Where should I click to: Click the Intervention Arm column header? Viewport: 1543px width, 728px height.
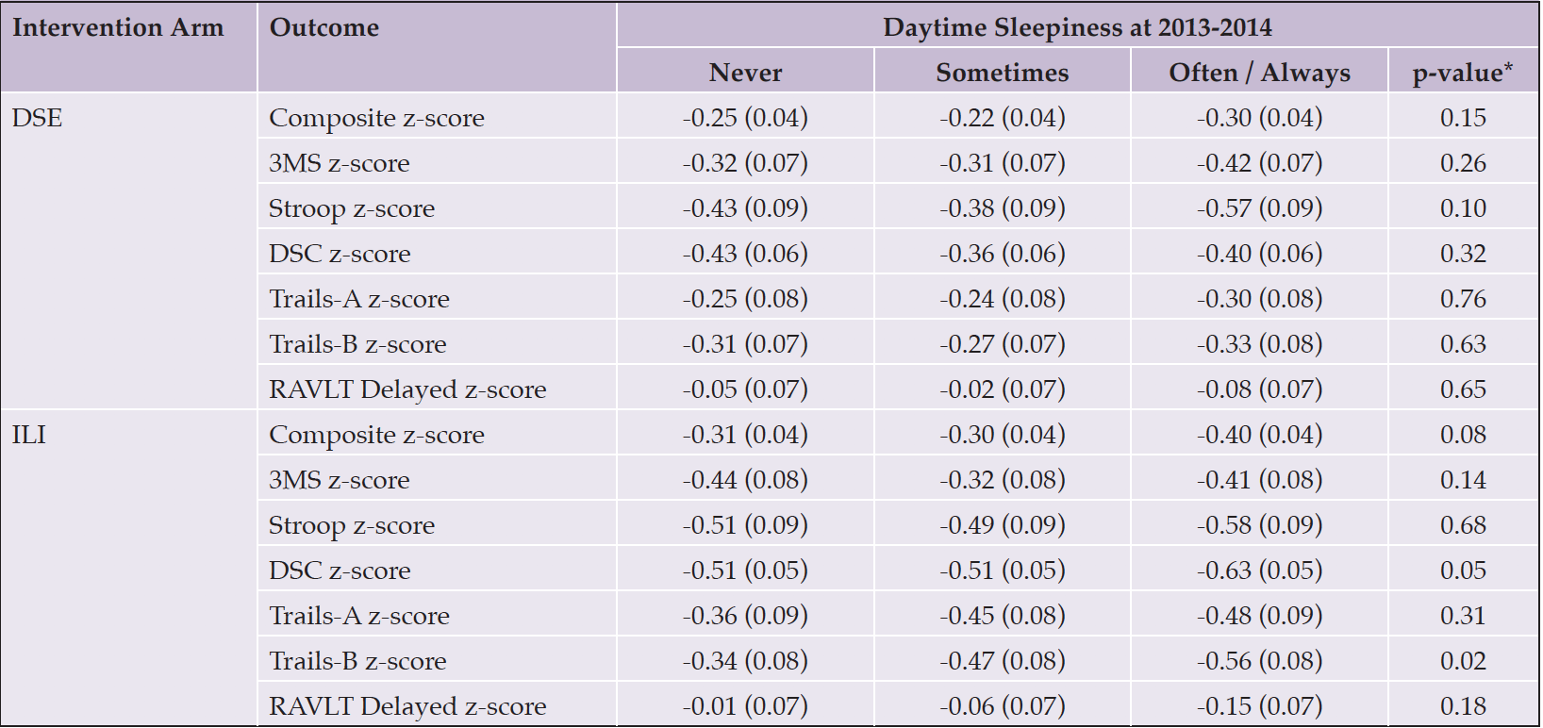[118, 27]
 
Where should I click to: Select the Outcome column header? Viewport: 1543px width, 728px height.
[324, 27]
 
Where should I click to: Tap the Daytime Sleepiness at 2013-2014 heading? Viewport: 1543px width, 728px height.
[1077, 27]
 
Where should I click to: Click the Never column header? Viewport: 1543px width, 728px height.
[745, 73]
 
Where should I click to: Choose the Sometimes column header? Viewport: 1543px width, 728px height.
[1003, 73]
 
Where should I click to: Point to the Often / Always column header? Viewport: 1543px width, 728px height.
[1259, 73]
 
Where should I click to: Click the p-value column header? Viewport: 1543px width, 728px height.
[1463, 73]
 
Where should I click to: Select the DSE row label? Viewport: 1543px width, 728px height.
[37, 118]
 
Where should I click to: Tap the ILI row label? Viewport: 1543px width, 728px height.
[29, 435]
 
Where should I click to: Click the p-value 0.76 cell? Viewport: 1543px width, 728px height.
[1463, 299]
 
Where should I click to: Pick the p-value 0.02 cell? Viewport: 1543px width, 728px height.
[1463, 661]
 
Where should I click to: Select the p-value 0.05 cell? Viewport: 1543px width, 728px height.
[1463, 571]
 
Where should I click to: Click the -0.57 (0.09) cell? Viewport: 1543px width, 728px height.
[1259, 208]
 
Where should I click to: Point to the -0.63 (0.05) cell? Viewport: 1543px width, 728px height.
[1259, 571]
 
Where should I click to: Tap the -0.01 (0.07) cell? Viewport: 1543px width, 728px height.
[745, 706]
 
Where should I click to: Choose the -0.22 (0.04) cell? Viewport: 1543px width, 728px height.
[1003, 119]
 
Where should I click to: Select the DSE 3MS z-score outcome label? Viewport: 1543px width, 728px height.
[339, 163]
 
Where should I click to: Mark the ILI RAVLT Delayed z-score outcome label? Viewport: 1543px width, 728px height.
[407, 706]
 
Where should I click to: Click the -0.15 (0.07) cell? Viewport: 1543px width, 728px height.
[1259, 706]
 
